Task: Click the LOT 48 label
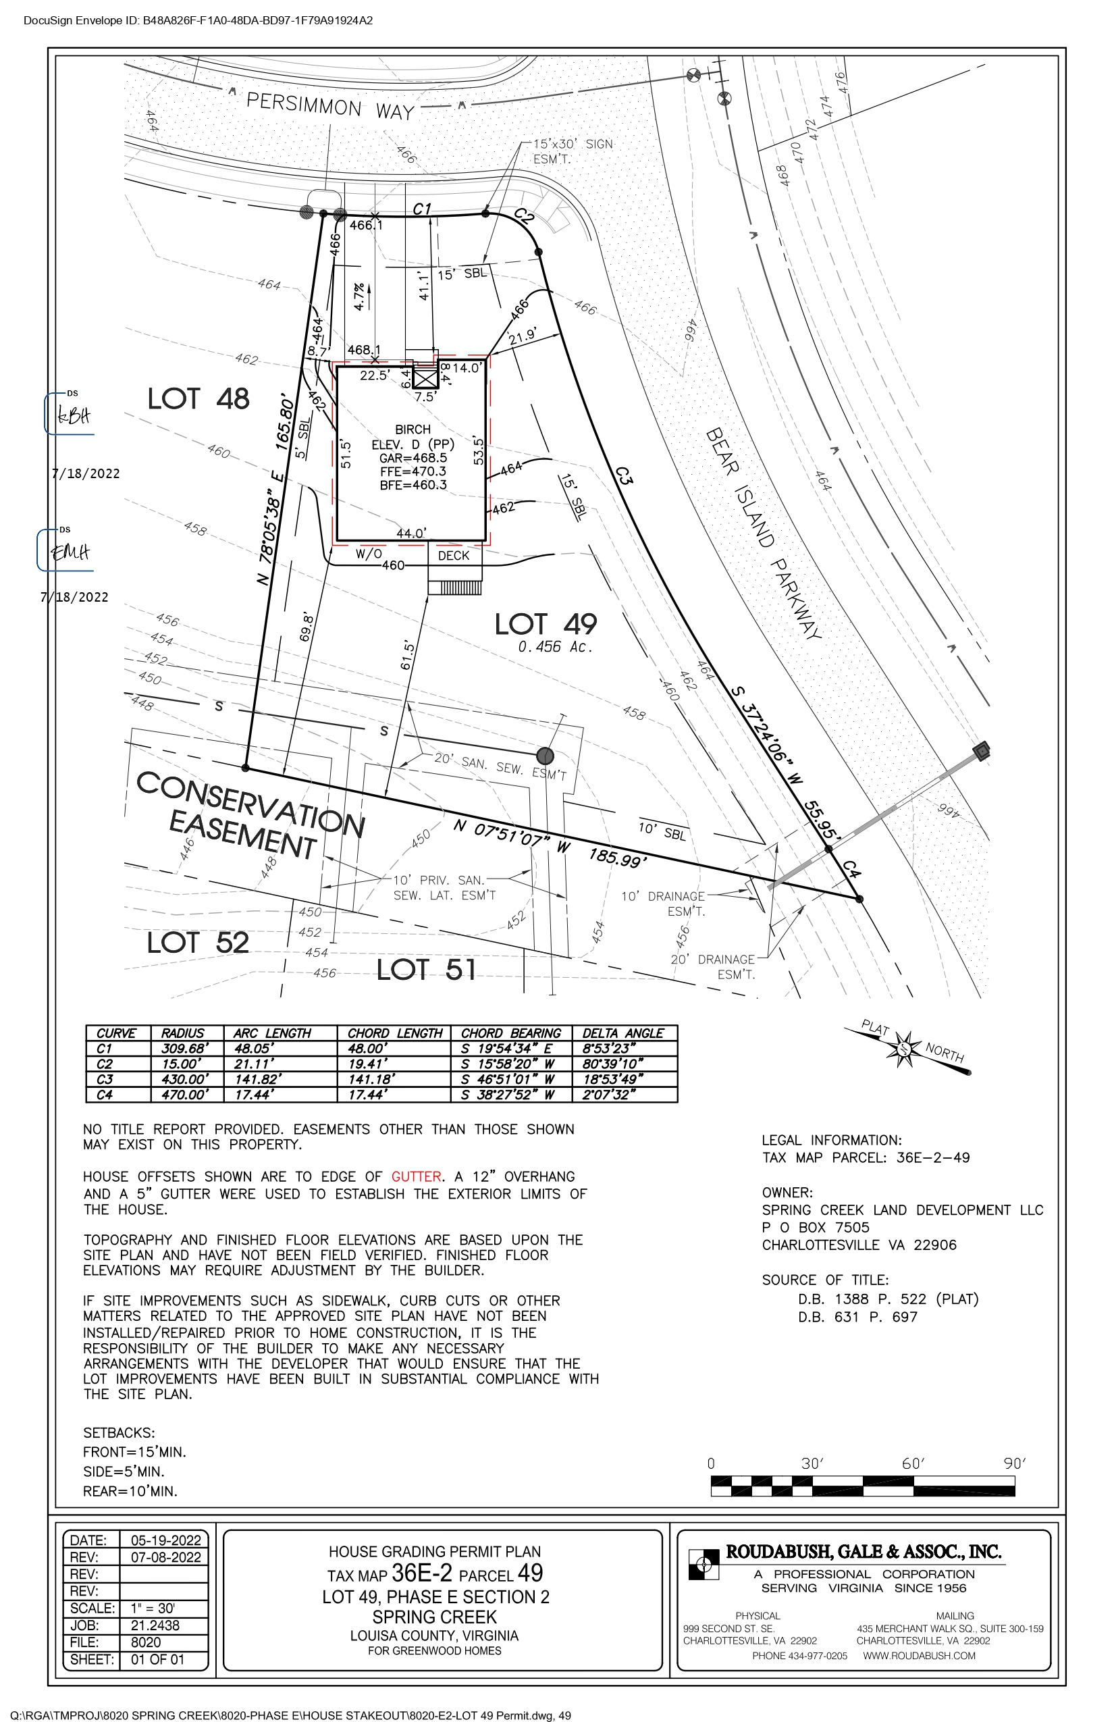[198, 399]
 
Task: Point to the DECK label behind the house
[454, 556]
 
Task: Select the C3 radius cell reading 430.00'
[184, 1079]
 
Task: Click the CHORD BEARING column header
[510, 1033]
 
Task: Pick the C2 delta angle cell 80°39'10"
[612, 1064]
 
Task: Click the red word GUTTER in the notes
[416, 1177]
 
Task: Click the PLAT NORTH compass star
[904, 1048]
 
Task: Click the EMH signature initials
[70, 553]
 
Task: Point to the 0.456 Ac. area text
[555, 647]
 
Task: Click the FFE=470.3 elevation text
[413, 472]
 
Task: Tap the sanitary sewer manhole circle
[546, 756]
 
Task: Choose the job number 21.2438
[155, 1625]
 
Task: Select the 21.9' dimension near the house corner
[523, 336]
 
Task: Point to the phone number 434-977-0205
[799, 1655]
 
